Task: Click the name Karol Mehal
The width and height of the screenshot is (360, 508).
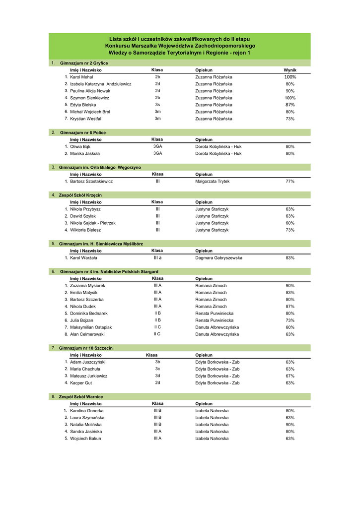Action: (x=81, y=77)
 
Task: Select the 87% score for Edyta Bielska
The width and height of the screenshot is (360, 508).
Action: (x=290, y=105)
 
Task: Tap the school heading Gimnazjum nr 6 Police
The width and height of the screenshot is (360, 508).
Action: (x=83, y=133)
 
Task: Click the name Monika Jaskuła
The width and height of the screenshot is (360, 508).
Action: (x=85, y=154)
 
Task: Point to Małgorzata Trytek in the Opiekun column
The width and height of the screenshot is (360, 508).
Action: (x=212, y=182)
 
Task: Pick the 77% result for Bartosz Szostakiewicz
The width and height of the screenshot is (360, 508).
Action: (x=290, y=182)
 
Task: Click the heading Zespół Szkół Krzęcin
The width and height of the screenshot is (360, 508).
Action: (x=80, y=195)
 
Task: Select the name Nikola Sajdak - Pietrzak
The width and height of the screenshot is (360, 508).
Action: (x=93, y=223)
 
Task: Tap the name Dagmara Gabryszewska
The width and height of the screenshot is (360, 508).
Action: (x=218, y=258)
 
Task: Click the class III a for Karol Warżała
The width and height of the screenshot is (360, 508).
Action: (x=157, y=258)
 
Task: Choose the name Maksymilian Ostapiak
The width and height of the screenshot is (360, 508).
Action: (x=91, y=327)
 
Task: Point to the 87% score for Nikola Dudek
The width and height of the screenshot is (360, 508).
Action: (x=290, y=307)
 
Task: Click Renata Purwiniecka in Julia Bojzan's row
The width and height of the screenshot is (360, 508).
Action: (x=214, y=320)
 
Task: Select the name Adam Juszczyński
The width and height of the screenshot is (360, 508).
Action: (x=88, y=362)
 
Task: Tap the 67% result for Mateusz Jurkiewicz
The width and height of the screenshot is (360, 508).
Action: (x=290, y=376)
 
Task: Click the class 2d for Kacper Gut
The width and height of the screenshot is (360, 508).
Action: (x=157, y=383)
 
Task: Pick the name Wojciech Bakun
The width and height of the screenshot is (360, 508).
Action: (x=85, y=439)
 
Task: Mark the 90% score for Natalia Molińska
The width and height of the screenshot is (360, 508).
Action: (x=290, y=425)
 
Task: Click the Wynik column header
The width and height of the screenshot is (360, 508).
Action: (x=290, y=70)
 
